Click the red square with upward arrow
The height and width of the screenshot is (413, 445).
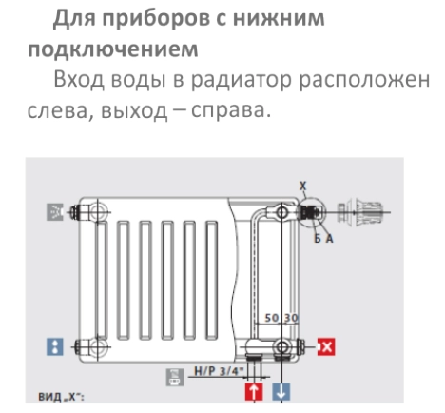[x=254, y=391]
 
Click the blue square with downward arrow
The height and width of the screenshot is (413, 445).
[x=281, y=391]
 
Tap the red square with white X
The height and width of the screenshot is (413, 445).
[x=326, y=346]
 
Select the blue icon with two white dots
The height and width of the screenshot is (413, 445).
[x=55, y=346]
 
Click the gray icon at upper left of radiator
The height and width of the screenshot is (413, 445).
[x=55, y=212]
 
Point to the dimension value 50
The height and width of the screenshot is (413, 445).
[x=271, y=318]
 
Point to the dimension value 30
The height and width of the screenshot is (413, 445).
[x=291, y=318]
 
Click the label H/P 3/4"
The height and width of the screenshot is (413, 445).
[x=219, y=371]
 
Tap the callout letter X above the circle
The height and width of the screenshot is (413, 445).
[x=303, y=186]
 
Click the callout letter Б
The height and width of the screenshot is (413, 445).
[x=318, y=238]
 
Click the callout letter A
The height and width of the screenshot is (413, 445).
[x=330, y=238]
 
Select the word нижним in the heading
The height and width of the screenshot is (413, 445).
[x=279, y=18]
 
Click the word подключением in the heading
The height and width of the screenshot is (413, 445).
[x=113, y=49]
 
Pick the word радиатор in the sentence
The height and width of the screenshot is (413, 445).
[x=241, y=80]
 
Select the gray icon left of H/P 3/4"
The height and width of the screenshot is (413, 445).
[x=175, y=377]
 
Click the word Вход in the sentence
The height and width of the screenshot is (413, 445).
[x=79, y=79]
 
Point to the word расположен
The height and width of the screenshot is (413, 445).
[x=364, y=80]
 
